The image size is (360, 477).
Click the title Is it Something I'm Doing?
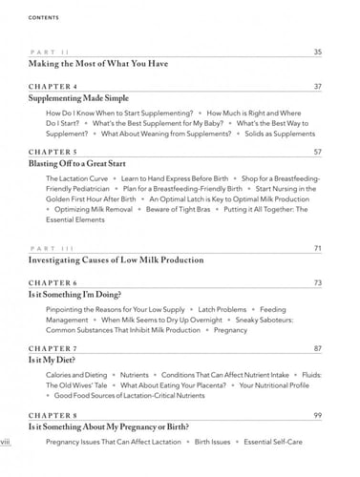89,296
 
